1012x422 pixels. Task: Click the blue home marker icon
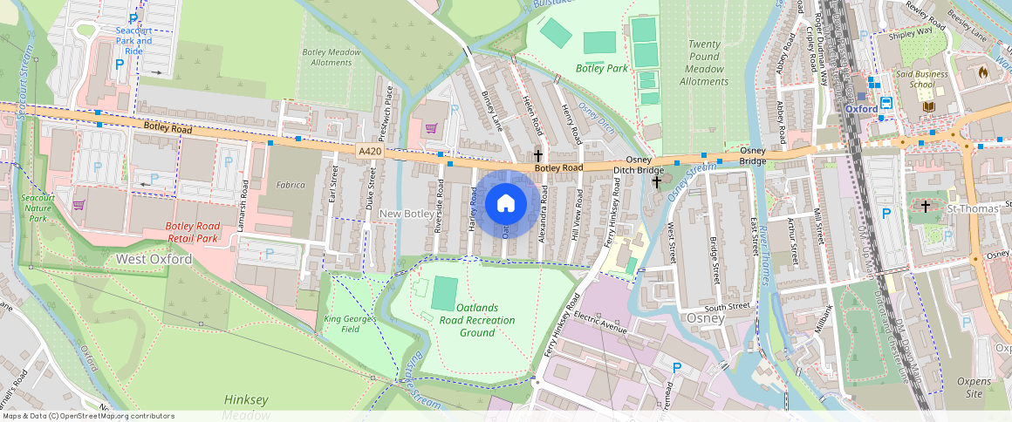(x=505, y=204)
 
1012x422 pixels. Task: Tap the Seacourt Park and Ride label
(x=133, y=40)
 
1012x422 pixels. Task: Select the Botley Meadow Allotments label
(x=332, y=57)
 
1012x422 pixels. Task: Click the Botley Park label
(x=601, y=68)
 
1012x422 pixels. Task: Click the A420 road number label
(x=371, y=152)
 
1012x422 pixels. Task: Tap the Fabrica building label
(x=291, y=185)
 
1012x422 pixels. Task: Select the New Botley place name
(x=407, y=214)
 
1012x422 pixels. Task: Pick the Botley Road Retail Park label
(x=191, y=232)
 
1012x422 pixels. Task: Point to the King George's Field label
(x=349, y=324)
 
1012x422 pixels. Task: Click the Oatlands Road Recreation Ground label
(x=476, y=320)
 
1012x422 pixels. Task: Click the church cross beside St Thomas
(x=926, y=207)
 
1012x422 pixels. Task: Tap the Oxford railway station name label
(x=860, y=109)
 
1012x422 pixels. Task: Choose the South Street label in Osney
(x=727, y=307)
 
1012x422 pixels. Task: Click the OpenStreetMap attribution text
(x=88, y=416)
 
